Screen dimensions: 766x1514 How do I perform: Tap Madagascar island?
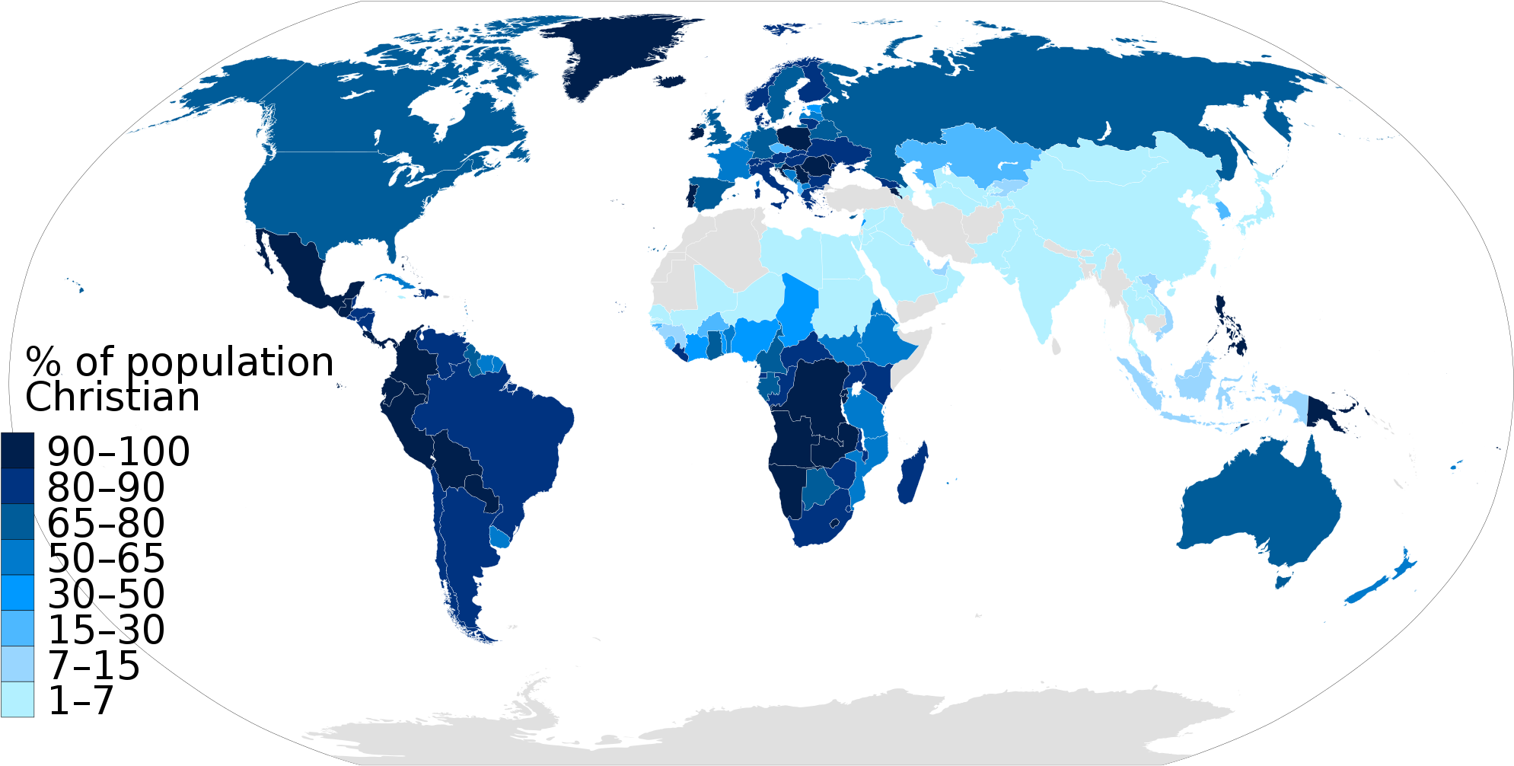coord(912,476)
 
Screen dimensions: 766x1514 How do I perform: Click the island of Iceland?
coord(671,81)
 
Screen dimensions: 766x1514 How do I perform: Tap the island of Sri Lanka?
coord(1057,346)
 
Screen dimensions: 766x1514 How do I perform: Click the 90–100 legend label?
coord(118,452)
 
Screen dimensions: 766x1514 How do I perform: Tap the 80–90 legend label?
coord(106,487)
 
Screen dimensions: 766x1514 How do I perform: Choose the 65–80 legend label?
coord(106,523)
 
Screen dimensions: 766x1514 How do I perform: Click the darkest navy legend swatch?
coord(17,450)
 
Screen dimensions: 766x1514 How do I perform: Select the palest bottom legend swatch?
coord(17,699)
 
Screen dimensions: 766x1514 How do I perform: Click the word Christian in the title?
coord(113,397)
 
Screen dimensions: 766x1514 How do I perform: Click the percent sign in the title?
coord(43,362)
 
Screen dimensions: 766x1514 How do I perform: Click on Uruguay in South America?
coord(500,538)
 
